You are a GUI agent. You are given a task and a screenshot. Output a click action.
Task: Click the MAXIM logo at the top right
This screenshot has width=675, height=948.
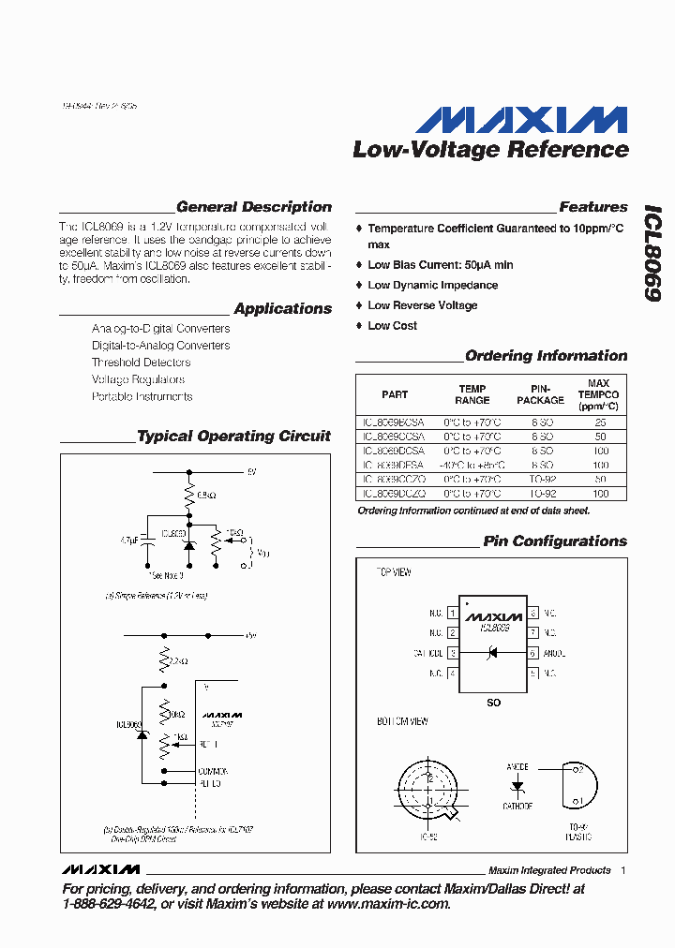(521, 120)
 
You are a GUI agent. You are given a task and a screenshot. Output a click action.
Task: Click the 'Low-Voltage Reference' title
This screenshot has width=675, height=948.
(490, 149)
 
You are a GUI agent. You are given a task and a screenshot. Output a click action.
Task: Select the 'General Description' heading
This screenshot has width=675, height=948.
(253, 207)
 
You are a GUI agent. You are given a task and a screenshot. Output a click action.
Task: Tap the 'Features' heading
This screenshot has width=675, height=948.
(592, 207)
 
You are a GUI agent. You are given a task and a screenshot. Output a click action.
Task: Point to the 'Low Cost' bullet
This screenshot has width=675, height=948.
(392, 326)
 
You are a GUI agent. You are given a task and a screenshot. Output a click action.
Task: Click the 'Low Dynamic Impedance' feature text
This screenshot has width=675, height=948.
(432, 286)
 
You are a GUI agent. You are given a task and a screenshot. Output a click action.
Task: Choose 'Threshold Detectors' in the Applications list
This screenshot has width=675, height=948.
(141, 363)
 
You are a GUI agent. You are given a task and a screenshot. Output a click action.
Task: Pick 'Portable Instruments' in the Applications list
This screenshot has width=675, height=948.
(142, 396)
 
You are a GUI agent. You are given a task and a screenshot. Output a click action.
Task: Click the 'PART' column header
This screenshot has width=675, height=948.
(395, 394)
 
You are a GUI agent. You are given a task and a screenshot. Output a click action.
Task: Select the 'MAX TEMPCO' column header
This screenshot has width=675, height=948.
(598, 394)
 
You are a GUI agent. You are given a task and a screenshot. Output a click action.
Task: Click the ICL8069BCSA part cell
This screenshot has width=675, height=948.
(394, 422)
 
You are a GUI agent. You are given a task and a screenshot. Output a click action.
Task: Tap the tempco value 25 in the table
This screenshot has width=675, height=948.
(600, 422)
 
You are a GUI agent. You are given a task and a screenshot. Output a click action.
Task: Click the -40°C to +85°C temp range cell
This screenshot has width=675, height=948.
(472, 465)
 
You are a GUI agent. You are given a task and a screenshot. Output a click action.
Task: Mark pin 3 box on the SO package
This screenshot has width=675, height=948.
(453, 653)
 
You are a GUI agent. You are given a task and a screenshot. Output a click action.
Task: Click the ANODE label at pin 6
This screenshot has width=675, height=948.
(553, 653)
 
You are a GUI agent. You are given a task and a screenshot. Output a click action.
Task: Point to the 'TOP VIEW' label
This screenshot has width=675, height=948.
(394, 572)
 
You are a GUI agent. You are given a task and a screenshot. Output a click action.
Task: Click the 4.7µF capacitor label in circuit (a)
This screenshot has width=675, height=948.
(130, 541)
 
